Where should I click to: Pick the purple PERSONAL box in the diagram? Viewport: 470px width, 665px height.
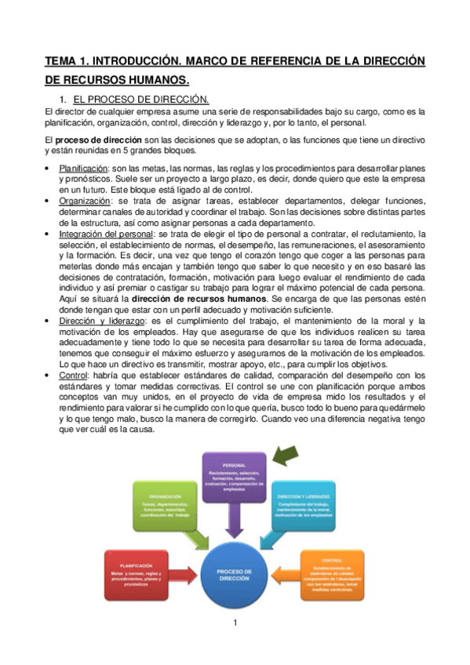click(x=234, y=477)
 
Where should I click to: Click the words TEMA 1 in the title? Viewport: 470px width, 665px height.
click(x=70, y=60)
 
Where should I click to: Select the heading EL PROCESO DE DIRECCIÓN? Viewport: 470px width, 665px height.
click(x=140, y=100)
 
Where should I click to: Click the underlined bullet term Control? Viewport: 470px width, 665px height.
click(x=73, y=375)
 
